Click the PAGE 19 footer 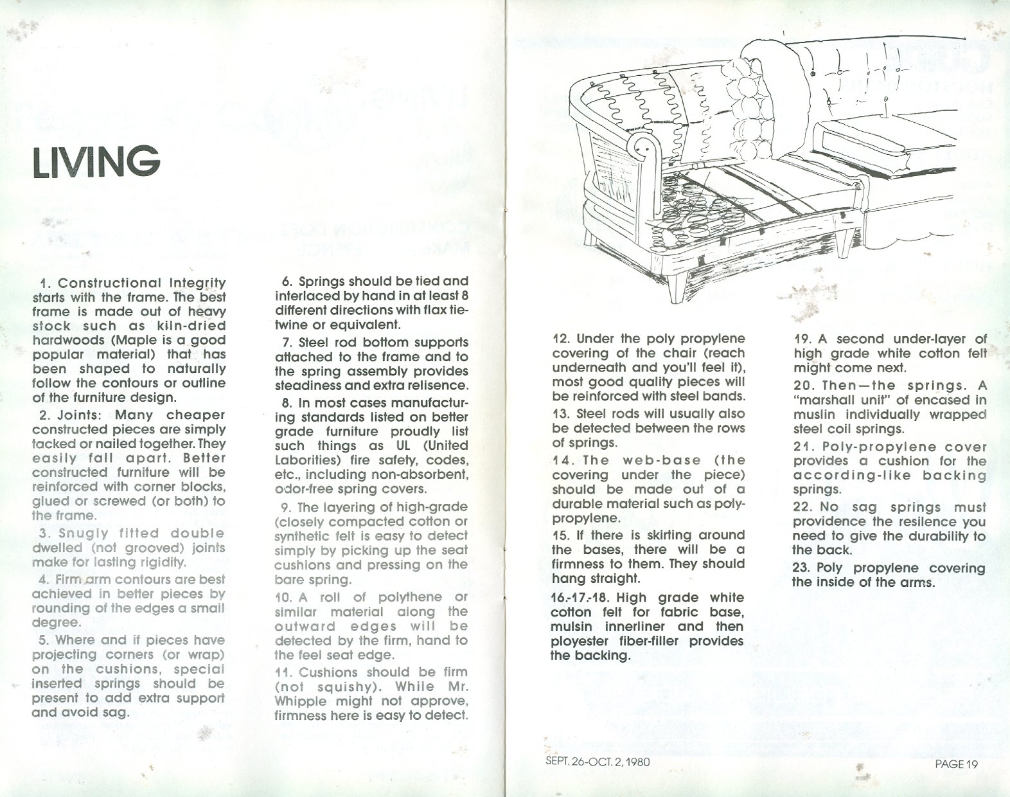click(956, 764)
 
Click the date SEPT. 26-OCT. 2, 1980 click(594, 762)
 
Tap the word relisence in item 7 click(442, 386)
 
